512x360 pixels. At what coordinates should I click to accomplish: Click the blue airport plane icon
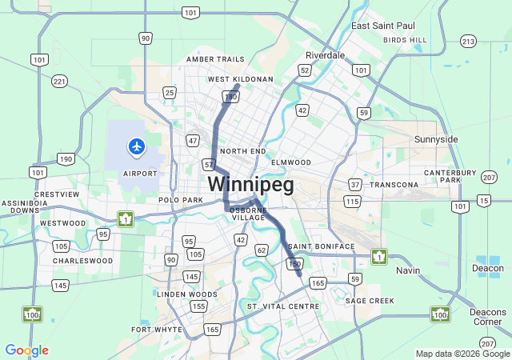137,146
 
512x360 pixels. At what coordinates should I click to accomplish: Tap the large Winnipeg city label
250,185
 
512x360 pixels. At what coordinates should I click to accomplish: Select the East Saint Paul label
382,26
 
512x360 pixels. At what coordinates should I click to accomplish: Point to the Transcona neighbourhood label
394,185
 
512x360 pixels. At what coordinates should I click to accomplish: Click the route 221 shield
59,81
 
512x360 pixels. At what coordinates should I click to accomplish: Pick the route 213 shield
468,41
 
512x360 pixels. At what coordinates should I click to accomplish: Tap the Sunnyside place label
436,139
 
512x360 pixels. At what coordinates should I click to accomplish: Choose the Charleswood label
83,261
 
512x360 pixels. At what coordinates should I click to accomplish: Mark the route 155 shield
199,306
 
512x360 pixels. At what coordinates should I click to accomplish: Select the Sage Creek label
370,301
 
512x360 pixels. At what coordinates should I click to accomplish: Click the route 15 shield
483,200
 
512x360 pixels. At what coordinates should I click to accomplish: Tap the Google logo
26,350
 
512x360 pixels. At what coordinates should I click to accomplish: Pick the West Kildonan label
241,79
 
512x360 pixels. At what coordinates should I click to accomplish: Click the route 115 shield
352,201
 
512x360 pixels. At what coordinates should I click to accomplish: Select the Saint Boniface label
321,246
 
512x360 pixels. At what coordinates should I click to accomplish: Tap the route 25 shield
170,93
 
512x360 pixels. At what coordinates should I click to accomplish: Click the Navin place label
408,270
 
